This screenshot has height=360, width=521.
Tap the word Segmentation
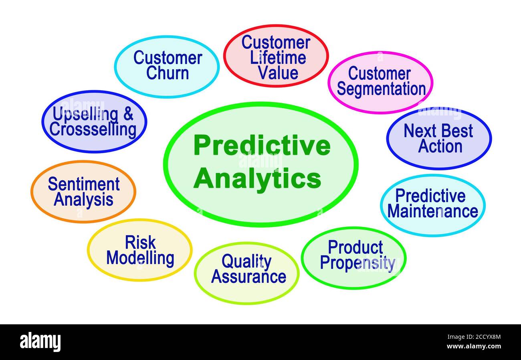coord(381,89)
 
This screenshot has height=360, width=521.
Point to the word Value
coord(278,73)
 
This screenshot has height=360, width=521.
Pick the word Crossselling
coord(93,130)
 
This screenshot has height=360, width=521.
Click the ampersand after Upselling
coord(128,113)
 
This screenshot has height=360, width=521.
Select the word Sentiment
coord(84,184)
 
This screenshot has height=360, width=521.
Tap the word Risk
coord(140,242)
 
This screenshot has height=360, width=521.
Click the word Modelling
coord(140,259)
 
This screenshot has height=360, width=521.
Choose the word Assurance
coord(248,277)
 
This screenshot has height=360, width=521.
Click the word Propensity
coord(358,263)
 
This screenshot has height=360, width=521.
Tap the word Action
coord(440,146)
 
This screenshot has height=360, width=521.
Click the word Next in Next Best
coord(420,131)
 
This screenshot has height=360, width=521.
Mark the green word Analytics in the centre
coord(257,180)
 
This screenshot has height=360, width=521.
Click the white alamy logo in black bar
coord(40,342)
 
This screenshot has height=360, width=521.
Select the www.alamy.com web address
coord(474,346)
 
